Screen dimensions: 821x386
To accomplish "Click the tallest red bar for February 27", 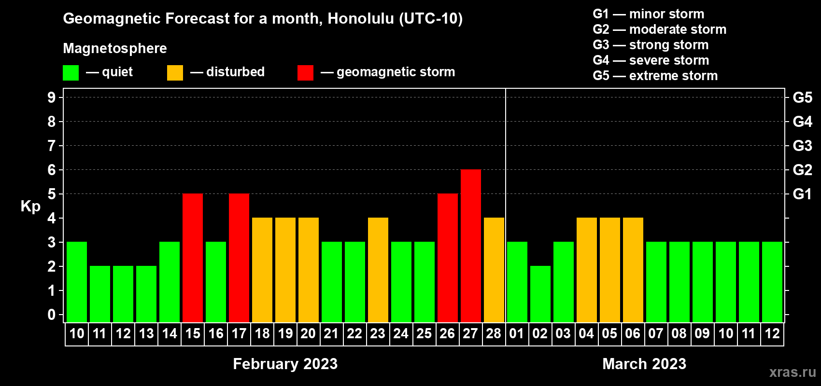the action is pyautogui.click(x=470, y=246).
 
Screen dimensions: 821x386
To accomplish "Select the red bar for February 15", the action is pyautogui.click(x=192, y=258).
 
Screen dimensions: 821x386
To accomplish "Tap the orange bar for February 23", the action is pyautogui.click(x=378, y=270).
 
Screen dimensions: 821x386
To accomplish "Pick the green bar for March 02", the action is pyautogui.click(x=540, y=294).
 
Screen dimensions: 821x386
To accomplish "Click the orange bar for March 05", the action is pyautogui.click(x=610, y=270).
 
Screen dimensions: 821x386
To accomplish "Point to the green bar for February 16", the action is pyautogui.click(x=216, y=282).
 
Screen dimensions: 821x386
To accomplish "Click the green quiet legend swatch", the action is pyautogui.click(x=71, y=72).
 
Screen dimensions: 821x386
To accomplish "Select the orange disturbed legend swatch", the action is pyautogui.click(x=175, y=72).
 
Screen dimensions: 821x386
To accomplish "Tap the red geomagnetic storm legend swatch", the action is pyautogui.click(x=305, y=72).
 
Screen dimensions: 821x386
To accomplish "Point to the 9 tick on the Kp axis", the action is pyautogui.click(x=51, y=97).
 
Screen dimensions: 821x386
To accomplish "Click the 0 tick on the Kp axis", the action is pyautogui.click(x=51, y=315).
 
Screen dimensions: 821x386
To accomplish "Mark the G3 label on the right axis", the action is pyautogui.click(x=802, y=146).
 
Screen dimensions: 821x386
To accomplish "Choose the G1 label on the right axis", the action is pyautogui.click(x=802, y=194).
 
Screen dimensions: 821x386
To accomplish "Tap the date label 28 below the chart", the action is pyautogui.click(x=494, y=333).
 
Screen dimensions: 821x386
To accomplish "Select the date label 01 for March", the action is pyautogui.click(x=516, y=333).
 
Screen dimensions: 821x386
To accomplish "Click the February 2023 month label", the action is pyautogui.click(x=285, y=364).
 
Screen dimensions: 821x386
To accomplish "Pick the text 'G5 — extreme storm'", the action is pyautogui.click(x=655, y=76).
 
